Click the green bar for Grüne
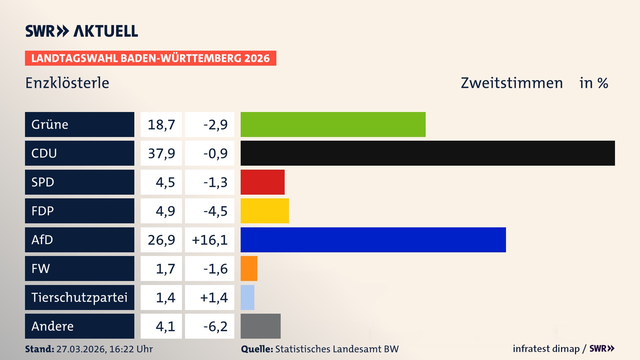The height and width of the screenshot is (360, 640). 333,124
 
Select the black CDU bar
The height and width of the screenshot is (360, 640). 427,153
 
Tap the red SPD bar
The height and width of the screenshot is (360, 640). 262,182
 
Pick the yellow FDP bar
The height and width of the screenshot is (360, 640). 265,211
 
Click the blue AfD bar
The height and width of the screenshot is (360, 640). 373,240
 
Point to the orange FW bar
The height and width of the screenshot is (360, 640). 249,269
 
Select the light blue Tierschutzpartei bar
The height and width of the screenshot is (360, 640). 247,297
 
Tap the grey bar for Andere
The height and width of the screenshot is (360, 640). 260,326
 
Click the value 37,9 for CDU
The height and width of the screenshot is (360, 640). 161,153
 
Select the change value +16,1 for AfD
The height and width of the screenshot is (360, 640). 210,240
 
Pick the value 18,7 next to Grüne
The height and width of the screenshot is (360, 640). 161,124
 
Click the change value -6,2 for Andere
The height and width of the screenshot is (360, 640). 215,326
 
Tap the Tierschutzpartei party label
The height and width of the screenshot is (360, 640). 79,297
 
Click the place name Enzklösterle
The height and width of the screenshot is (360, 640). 67,83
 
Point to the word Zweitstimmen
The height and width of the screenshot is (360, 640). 512,83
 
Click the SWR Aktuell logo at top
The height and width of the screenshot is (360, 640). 81,31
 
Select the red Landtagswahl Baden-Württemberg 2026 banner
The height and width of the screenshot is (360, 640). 150,58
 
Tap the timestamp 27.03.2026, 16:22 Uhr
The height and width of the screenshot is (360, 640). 104,349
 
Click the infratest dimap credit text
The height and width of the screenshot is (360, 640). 546,349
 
